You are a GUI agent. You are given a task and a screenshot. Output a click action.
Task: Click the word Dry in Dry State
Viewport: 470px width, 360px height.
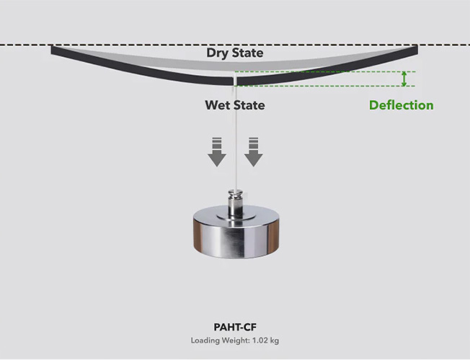218,53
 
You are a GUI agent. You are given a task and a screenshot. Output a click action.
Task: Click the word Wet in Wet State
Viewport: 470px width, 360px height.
217,105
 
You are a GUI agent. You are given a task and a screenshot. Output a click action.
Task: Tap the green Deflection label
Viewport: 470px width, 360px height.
401,105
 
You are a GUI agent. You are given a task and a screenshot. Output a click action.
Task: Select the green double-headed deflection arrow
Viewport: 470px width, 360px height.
405,79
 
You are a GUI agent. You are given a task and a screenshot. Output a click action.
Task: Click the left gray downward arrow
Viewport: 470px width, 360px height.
217,151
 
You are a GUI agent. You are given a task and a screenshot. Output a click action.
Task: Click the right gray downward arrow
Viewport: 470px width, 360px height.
253,151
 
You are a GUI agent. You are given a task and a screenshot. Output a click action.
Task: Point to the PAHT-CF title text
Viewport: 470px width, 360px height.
236,327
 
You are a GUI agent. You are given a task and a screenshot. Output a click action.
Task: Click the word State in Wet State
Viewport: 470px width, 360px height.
249,105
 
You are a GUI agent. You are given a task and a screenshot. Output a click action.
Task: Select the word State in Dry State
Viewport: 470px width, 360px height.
247,53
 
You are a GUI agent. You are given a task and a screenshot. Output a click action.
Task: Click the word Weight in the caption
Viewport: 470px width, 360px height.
236,340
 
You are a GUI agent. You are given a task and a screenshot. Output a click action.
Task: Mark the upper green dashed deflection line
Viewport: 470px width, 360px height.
324,71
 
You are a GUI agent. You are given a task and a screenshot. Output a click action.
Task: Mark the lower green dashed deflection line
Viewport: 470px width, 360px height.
324,86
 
